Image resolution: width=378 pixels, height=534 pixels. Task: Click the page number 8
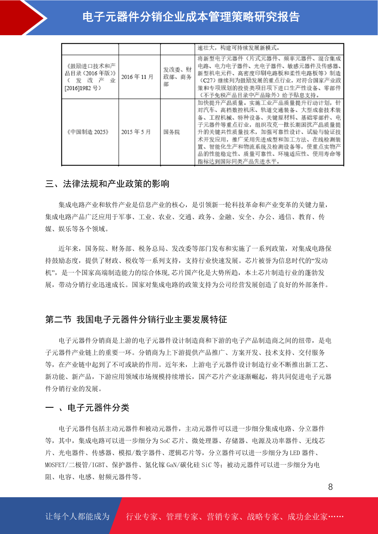[x=330, y=487]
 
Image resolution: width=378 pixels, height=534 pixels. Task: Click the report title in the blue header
[x=191, y=17]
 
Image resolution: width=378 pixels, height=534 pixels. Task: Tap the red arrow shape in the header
[x=22, y=17]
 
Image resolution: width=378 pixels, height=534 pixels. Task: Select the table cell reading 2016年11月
[x=137, y=77]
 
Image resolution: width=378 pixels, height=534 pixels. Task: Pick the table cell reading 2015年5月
[x=136, y=132]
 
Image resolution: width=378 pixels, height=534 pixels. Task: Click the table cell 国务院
[x=171, y=132]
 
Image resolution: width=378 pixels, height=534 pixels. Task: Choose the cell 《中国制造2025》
[x=88, y=132]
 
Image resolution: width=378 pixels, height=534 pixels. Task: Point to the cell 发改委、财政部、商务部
[x=177, y=77]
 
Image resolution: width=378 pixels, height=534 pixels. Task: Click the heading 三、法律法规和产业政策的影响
[x=107, y=184]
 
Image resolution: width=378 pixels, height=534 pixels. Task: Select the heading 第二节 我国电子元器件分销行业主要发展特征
[x=136, y=319]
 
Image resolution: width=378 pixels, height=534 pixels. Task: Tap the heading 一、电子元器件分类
[x=87, y=407]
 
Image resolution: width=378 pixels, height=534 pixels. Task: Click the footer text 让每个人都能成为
[x=77, y=517]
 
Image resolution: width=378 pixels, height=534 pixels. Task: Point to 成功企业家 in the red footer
[x=307, y=517]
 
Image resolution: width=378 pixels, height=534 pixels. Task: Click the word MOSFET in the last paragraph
[x=55, y=465]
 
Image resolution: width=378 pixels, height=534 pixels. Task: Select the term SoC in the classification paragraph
[x=165, y=441]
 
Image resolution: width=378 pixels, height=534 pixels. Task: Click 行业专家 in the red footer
[x=142, y=517]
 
